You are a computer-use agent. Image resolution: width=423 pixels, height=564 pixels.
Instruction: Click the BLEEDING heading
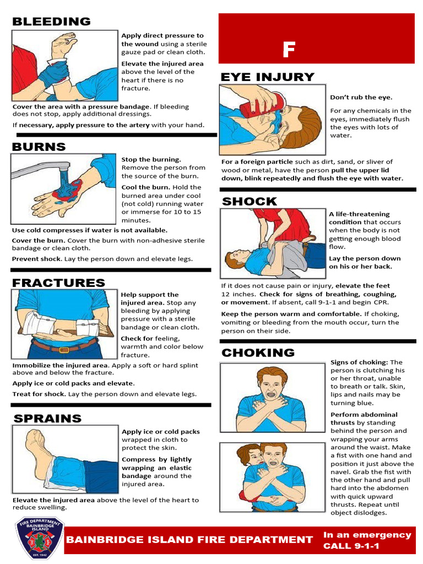pos(51,22)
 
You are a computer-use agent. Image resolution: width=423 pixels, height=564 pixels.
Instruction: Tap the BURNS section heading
pos(39,147)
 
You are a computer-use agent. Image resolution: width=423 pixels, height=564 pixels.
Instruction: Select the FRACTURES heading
pos(58,283)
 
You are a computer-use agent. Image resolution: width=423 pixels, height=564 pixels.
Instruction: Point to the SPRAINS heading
pos(47,419)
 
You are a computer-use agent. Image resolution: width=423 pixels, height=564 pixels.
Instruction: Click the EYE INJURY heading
pos(267,77)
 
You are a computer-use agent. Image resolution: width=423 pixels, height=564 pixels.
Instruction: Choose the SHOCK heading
pos(250,202)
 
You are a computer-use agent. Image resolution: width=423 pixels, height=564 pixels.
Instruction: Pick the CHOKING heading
pos(258,352)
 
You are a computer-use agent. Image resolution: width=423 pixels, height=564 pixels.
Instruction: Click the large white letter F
pos(289,50)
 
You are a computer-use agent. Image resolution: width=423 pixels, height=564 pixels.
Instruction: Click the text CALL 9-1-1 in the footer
pos(351,546)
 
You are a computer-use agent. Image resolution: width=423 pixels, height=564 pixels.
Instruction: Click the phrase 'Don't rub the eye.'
pos(361,97)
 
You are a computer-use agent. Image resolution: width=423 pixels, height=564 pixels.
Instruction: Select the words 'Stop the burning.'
pos(151,159)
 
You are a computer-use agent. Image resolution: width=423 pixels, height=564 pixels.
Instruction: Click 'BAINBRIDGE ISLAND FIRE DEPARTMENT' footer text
pos(189,540)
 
